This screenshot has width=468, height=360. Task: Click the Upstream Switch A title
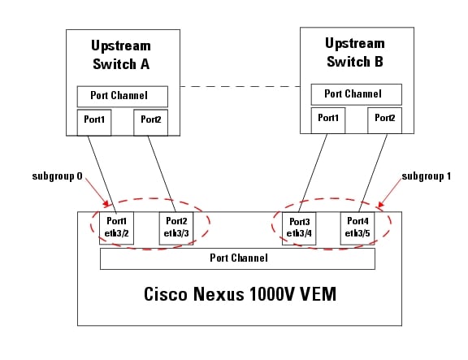pyautogui.click(x=121, y=55)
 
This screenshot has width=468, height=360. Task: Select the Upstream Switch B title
pyautogui.click(x=355, y=53)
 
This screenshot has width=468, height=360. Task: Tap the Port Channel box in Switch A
pyautogui.click(x=123, y=97)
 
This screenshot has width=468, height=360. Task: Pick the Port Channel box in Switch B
pyautogui.click(x=357, y=94)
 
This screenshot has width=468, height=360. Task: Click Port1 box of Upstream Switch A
pyautogui.click(x=94, y=123)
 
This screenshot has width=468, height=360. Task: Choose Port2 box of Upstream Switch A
pyautogui.click(x=151, y=123)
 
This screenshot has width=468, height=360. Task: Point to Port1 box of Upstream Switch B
pyautogui.click(x=328, y=120)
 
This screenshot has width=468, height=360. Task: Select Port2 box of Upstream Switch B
pyautogui.click(x=385, y=120)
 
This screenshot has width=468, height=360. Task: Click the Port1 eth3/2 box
pyautogui.click(x=116, y=228)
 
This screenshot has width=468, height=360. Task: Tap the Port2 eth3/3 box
pyautogui.click(x=176, y=228)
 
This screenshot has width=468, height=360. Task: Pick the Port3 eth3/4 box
pyautogui.click(x=299, y=228)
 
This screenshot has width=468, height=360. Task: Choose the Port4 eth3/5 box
pyautogui.click(x=357, y=228)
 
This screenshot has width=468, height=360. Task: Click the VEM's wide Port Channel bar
pyautogui.click(x=237, y=258)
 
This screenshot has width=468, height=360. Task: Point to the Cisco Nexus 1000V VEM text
pyautogui.click(x=240, y=294)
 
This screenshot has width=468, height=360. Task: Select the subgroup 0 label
pyautogui.click(x=58, y=176)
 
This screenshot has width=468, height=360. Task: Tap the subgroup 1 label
pyautogui.click(x=427, y=176)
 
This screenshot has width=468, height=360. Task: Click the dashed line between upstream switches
pyautogui.click(x=240, y=87)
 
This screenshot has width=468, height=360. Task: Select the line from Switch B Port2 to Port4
pyautogui.click(x=373, y=173)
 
